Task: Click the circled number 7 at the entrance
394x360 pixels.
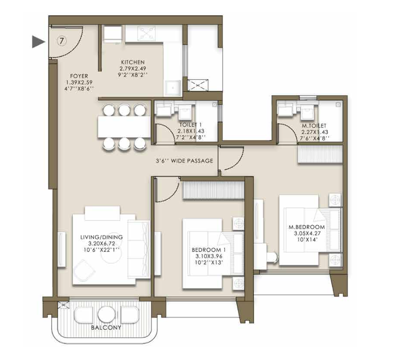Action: point(62,41)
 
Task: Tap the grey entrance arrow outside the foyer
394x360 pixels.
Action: point(39,42)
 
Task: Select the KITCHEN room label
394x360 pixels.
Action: point(132,62)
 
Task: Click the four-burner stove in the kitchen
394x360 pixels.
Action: point(146,33)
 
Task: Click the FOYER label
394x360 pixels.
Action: point(79,76)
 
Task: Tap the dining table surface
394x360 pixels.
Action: point(124,127)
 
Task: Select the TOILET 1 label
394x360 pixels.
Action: point(190,125)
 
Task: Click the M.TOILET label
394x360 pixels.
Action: point(314,126)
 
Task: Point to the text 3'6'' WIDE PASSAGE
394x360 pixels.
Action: point(184,161)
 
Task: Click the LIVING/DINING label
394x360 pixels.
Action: point(102,237)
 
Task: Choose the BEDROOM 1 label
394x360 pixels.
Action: point(209,250)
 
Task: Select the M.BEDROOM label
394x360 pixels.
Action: point(306,227)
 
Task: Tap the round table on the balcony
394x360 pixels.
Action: point(106,315)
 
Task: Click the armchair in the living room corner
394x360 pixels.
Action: point(84,271)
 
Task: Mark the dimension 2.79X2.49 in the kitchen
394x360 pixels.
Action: point(132,68)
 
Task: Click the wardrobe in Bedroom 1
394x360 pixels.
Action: point(213,190)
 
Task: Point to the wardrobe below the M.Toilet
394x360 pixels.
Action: point(320,154)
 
